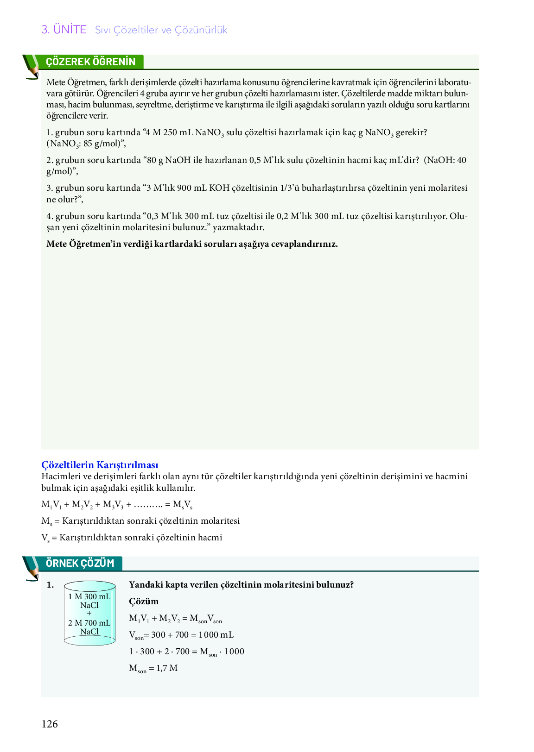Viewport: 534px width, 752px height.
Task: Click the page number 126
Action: [x=50, y=724]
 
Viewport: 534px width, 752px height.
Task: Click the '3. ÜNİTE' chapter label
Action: [x=64, y=30]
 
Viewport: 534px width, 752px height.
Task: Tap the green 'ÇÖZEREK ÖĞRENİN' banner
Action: [x=91, y=62]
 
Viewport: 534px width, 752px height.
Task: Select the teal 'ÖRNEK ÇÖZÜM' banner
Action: [x=80, y=564]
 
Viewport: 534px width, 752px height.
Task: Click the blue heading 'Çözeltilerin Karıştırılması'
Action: [x=100, y=465]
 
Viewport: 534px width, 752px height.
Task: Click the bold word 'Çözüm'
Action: [x=144, y=602]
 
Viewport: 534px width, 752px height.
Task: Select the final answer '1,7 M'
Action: [x=167, y=668]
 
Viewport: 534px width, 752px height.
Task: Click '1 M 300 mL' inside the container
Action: [x=89, y=596]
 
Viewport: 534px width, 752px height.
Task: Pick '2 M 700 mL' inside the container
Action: [x=89, y=623]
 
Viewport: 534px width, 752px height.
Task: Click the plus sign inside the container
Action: [x=89, y=614]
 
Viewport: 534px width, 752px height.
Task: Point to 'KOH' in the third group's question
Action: [x=219, y=188]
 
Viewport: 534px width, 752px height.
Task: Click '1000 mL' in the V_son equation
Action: [x=216, y=635]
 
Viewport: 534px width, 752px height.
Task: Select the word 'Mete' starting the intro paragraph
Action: [x=56, y=82]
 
